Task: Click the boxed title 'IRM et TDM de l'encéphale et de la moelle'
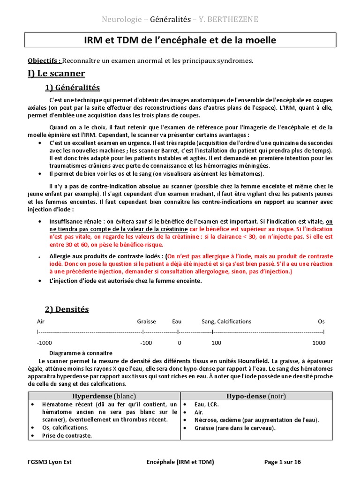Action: click(180, 40)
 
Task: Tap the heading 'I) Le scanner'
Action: click(56, 73)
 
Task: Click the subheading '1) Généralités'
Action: click(72, 88)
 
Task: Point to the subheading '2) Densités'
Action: click(67, 309)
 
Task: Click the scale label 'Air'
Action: click(41, 322)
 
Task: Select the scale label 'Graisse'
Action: click(146, 322)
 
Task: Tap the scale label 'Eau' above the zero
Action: click(177, 322)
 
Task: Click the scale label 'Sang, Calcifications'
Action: click(226, 322)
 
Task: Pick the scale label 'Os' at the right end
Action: click(321, 322)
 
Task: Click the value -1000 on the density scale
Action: click(45, 343)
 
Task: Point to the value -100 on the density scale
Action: click(146, 343)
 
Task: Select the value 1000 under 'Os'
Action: click(319, 343)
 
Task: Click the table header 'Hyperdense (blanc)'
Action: click(104, 396)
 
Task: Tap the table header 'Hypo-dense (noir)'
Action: click(256, 396)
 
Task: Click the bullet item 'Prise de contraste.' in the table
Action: click(67, 435)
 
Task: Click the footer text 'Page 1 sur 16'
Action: click(283, 462)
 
